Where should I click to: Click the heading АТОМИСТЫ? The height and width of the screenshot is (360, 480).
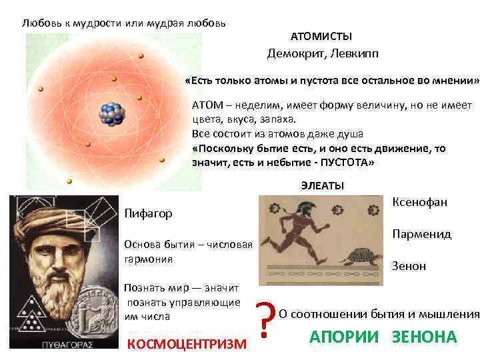coord(321,36)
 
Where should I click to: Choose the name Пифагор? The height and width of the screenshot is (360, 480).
coord(148,213)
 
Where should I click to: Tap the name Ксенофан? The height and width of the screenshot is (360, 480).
coord(420,202)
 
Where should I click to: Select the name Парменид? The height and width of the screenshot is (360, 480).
coord(422,234)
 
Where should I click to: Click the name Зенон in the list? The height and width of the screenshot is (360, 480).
coord(409,266)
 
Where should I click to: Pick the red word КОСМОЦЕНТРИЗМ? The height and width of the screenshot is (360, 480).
coord(186,343)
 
